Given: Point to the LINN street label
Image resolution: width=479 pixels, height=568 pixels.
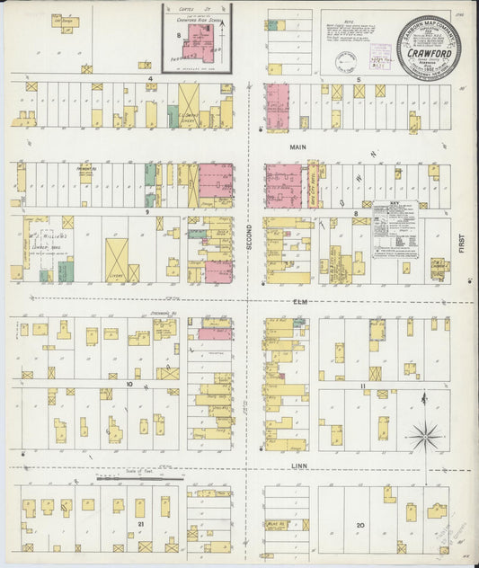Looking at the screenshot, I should pyautogui.click(x=299, y=465).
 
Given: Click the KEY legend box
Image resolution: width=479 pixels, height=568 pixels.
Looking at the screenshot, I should pyautogui.click(x=395, y=230).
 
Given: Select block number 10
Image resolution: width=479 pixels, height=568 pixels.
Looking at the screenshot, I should pyautogui.click(x=129, y=384).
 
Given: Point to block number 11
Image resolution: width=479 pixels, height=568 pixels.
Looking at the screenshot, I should pyautogui.click(x=362, y=385).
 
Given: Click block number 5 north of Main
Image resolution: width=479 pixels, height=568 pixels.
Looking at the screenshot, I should pyautogui.click(x=359, y=79).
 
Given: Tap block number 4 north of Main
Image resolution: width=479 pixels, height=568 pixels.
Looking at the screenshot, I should pyautogui.click(x=152, y=79).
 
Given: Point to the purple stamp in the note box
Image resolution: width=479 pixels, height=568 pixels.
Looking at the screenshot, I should pyautogui.click(x=345, y=61).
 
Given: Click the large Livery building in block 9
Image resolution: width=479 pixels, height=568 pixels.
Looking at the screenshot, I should pyautogui.click(x=116, y=260).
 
